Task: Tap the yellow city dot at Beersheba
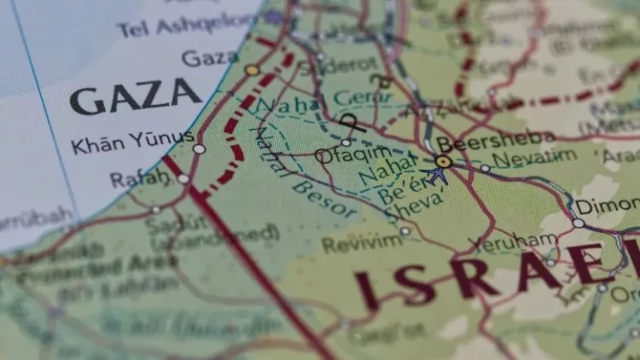click(443, 161)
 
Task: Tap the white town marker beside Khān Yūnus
click(199, 148)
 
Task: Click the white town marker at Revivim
click(405, 230)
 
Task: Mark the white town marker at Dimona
click(579, 223)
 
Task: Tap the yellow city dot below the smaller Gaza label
click(252, 70)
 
